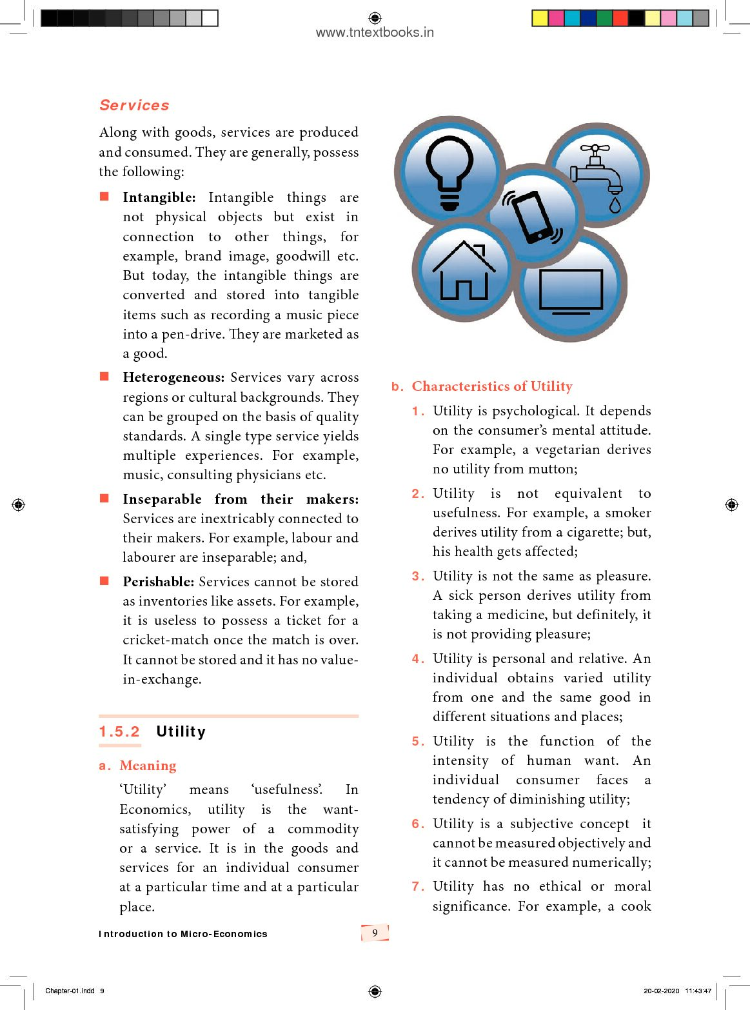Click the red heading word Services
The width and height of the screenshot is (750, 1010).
134,105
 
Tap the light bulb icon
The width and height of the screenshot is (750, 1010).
450,171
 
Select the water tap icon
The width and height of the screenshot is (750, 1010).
598,176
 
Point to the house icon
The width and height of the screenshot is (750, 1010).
463,272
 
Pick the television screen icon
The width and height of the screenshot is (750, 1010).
571,291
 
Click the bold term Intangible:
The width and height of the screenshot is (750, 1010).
159,197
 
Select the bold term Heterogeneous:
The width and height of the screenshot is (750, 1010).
173,377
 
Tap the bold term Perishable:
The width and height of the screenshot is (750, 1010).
158,582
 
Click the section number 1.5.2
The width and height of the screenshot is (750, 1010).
119,731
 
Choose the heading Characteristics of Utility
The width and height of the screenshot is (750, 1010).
492,386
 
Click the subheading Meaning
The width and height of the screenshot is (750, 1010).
148,766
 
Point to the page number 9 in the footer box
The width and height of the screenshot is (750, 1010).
375,933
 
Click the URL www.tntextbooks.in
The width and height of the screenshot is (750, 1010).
375,32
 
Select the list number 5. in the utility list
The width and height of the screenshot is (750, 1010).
418,741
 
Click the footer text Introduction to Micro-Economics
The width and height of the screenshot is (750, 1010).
183,934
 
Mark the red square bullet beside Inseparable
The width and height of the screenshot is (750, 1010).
104,498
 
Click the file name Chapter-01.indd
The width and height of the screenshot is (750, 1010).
70,991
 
